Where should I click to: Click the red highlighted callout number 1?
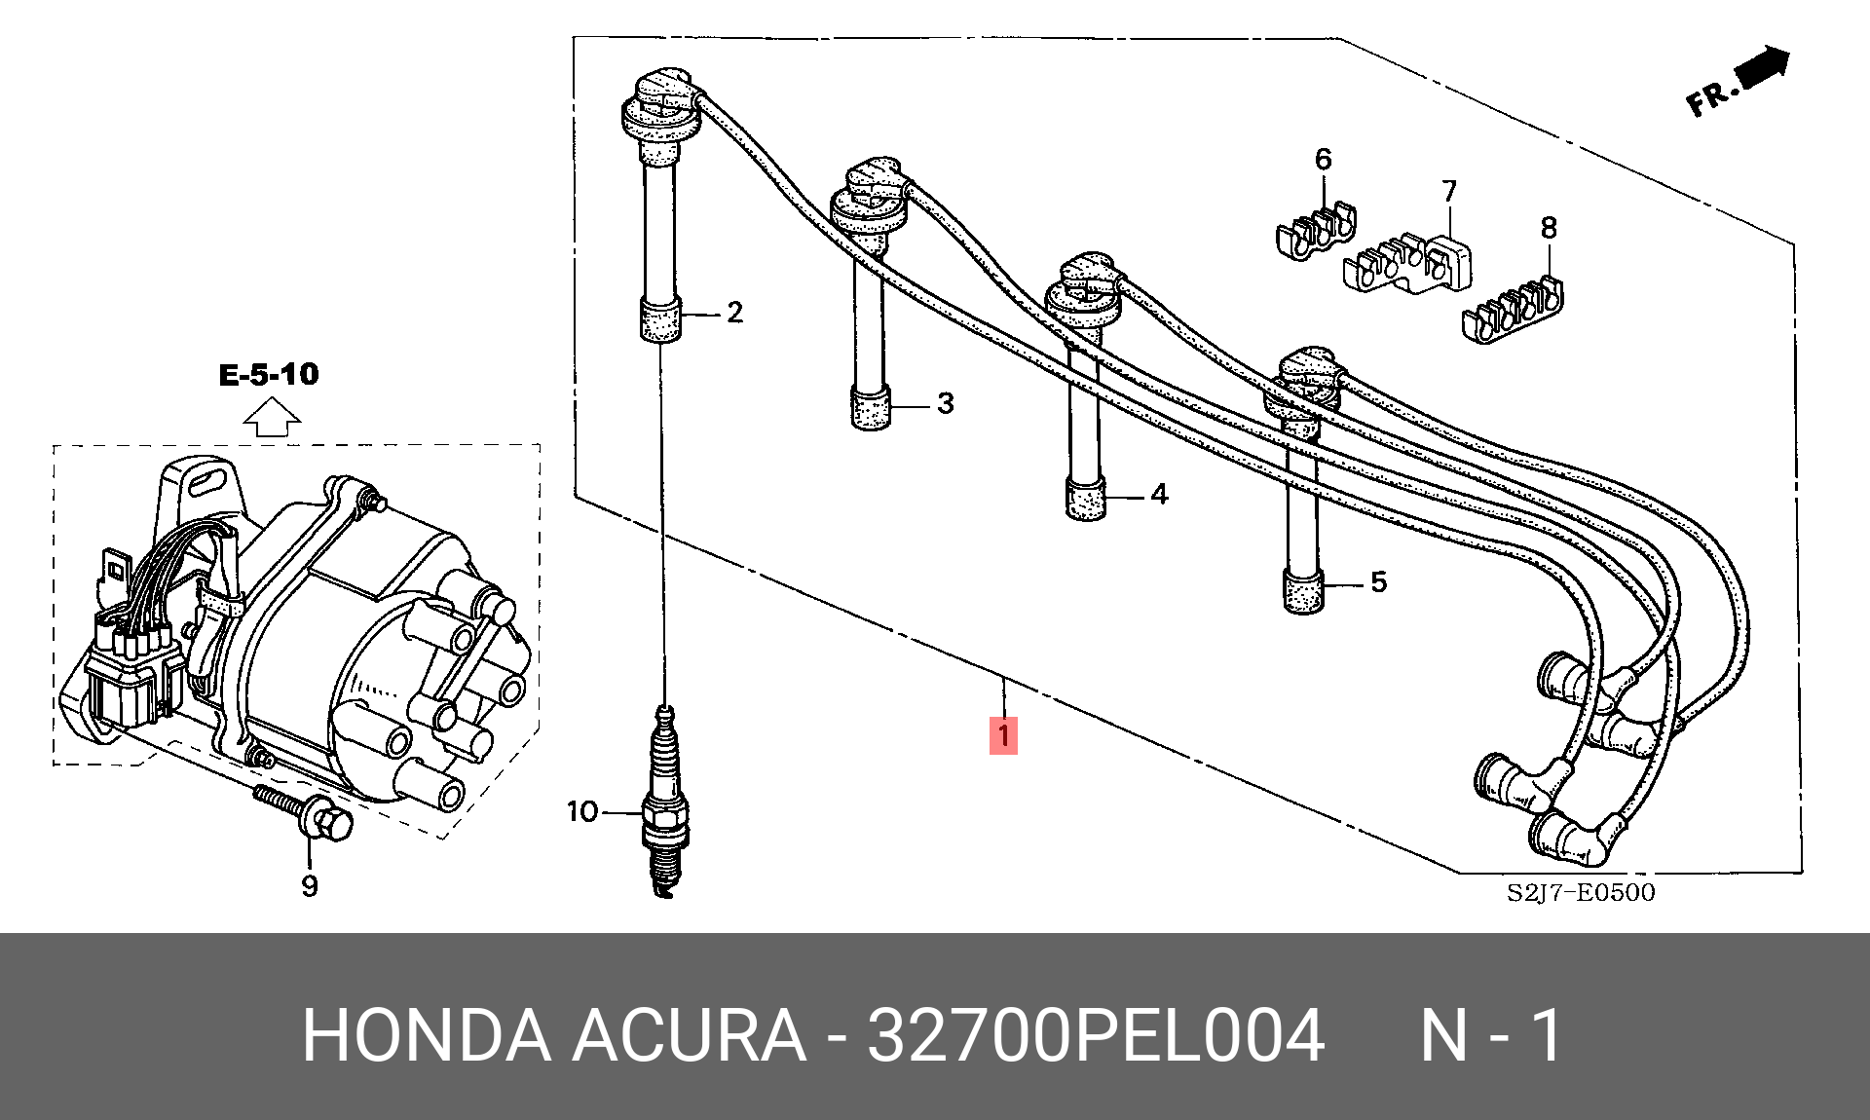tap(1003, 734)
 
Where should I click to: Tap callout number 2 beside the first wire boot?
tap(734, 312)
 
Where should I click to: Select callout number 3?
tap(945, 402)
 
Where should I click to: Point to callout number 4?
tap(1158, 494)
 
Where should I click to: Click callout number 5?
tap(1378, 581)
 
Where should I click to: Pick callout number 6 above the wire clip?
tap(1323, 159)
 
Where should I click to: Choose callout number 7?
tap(1449, 191)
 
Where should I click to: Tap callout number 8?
tap(1549, 228)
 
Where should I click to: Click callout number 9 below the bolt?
tap(310, 885)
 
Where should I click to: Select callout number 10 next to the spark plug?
tap(582, 811)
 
